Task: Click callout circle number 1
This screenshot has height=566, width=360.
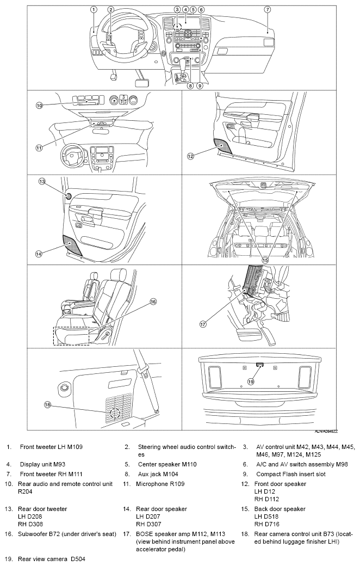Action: (x=94, y=10)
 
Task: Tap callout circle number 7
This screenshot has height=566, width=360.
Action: (x=268, y=10)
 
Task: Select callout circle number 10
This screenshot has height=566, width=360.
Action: (x=39, y=106)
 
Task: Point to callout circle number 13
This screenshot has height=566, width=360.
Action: (x=42, y=182)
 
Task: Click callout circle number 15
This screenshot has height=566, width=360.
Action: (x=265, y=260)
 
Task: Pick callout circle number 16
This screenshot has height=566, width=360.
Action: (x=153, y=302)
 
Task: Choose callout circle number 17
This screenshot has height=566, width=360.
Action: (x=203, y=324)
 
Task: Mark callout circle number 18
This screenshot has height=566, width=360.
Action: (x=47, y=405)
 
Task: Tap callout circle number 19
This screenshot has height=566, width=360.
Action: (x=251, y=381)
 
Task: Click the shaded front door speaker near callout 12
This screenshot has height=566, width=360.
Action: (x=223, y=145)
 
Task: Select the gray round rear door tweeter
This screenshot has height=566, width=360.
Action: (x=68, y=196)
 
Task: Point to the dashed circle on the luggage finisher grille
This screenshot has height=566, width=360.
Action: (x=115, y=413)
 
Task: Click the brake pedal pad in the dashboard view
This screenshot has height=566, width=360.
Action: (x=142, y=83)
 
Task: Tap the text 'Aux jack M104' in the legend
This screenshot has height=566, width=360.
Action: (x=158, y=474)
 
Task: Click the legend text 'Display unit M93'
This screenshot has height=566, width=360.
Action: (x=42, y=464)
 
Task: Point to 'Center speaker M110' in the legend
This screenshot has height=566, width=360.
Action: (x=167, y=464)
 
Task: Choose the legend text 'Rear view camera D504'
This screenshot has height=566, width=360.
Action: (x=52, y=559)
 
